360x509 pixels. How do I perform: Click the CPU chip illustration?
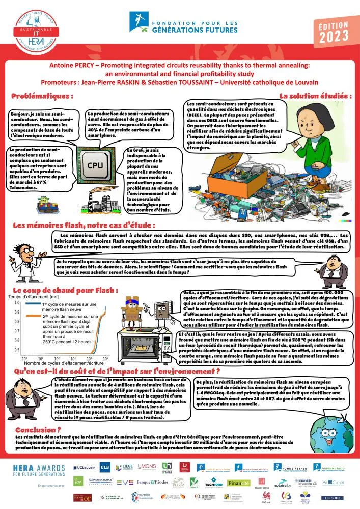tap(95, 164)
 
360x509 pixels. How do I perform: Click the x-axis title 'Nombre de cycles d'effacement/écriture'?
tap(61, 363)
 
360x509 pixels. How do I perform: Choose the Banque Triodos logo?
tap(153, 482)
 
